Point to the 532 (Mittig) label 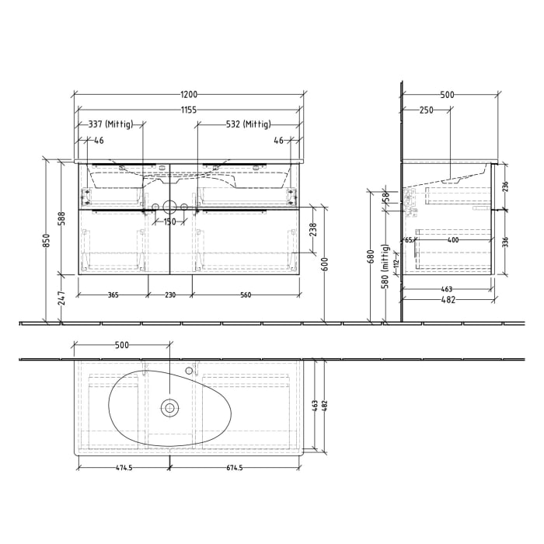pos(249,124)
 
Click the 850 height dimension pos(46,241)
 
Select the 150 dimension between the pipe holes pos(169,222)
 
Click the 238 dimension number pos(313,229)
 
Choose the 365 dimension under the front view pos(113,295)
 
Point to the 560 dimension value pos(246,295)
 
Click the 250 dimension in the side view pos(426,110)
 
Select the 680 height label pos(371,255)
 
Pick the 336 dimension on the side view pos(507,242)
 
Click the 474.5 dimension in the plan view pos(124,468)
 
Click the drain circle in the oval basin pos(169,406)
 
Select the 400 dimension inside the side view pos(453,240)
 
